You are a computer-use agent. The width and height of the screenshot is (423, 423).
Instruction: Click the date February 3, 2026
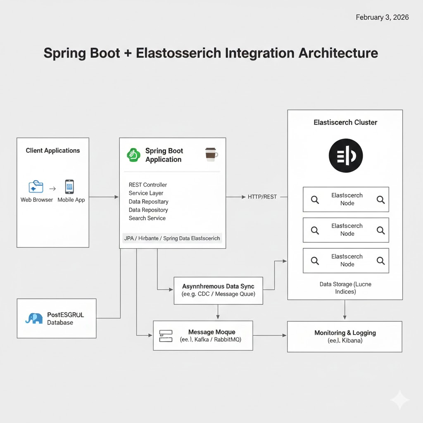[382, 17]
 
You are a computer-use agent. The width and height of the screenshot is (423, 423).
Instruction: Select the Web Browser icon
[36, 187]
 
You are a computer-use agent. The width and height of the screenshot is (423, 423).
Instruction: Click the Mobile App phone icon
[69, 187]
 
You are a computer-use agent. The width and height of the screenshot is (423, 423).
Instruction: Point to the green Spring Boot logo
[134, 155]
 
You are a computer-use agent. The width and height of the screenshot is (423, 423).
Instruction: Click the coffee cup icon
[211, 154]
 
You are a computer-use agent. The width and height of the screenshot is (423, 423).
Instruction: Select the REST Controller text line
[148, 185]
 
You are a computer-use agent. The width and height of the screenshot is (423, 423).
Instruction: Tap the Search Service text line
[147, 218]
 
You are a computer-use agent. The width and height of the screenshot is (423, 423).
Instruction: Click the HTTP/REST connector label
[262, 197]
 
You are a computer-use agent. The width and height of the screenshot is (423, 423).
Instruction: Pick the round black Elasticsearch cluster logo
[345, 155]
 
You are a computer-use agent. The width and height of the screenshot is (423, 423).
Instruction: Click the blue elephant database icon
[34, 318]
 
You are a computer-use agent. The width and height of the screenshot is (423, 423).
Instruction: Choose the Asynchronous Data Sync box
[218, 290]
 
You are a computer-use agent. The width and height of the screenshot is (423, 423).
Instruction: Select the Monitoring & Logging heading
[345, 333]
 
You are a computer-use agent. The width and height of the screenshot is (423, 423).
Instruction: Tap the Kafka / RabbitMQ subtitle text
[211, 340]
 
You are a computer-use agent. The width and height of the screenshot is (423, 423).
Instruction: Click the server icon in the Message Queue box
[165, 335]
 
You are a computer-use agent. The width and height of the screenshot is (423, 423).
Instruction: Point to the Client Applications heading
[53, 150]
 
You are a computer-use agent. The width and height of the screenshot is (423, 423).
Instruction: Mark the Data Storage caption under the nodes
[345, 288]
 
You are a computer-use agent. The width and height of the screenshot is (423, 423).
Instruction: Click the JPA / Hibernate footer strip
[172, 238]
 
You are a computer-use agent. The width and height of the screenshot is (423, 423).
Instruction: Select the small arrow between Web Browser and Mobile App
[52, 189]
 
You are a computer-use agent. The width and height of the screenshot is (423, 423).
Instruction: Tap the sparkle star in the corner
[399, 399]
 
